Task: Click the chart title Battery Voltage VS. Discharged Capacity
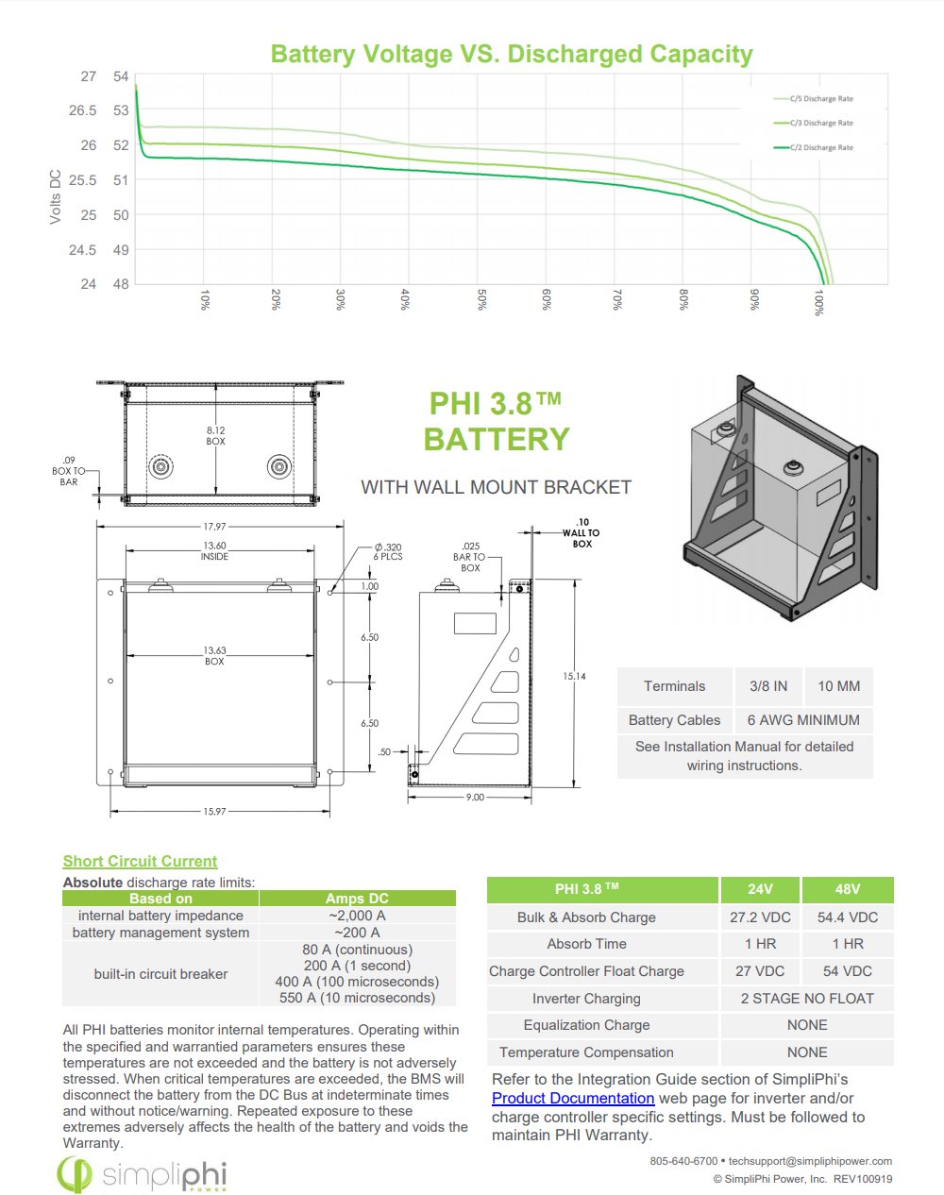(x=512, y=55)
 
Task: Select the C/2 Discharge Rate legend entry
(x=813, y=147)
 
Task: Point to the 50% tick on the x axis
(x=481, y=299)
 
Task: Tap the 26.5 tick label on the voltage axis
(x=83, y=110)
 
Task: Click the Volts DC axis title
(x=55, y=197)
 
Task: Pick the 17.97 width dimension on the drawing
(x=214, y=527)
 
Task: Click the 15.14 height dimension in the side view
(x=574, y=677)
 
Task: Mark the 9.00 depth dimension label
(x=475, y=798)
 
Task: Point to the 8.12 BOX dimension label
(x=215, y=436)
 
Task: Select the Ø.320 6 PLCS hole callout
(x=388, y=551)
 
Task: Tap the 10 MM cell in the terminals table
(x=838, y=686)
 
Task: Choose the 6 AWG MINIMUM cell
(x=803, y=720)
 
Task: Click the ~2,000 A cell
(x=357, y=916)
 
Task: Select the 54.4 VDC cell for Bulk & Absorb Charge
(x=848, y=917)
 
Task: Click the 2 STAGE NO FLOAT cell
(x=807, y=999)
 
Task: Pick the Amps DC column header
(x=357, y=899)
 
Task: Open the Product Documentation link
(x=573, y=1099)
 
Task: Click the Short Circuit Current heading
(x=140, y=861)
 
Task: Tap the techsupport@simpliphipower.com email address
(x=810, y=1161)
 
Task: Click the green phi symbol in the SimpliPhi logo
(x=75, y=1174)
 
